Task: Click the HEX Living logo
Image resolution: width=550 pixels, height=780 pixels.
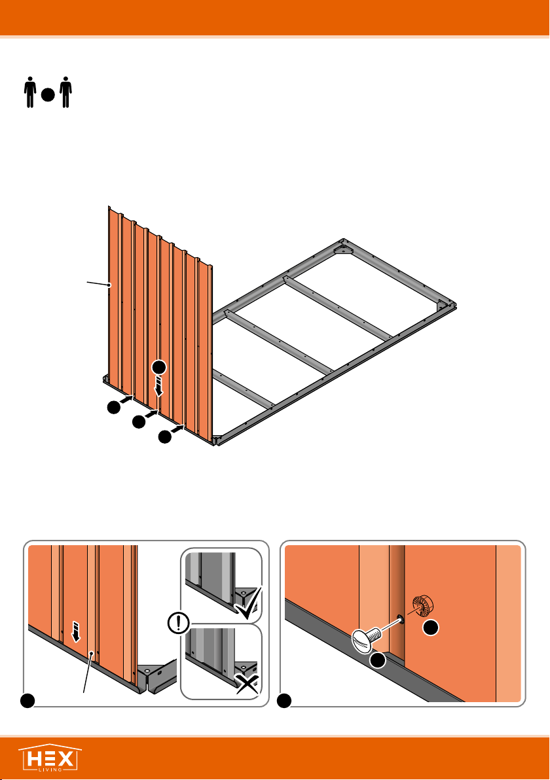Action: click(50, 758)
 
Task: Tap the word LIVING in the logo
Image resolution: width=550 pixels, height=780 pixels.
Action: click(50, 770)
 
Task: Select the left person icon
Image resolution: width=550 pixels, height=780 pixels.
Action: click(30, 92)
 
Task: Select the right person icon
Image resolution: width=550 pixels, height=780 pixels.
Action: click(65, 92)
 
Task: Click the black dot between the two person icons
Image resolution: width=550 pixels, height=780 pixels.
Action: click(48, 95)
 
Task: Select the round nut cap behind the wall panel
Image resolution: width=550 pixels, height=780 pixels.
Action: click(423, 605)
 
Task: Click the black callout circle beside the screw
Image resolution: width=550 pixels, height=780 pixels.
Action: click(378, 660)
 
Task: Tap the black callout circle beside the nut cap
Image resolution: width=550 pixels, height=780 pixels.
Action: click(431, 628)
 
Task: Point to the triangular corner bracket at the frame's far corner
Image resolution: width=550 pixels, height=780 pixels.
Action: click(343, 248)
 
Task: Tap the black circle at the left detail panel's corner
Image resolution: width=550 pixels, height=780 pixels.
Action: click(27, 700)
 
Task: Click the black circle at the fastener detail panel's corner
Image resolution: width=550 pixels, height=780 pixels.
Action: click(284, 700)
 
